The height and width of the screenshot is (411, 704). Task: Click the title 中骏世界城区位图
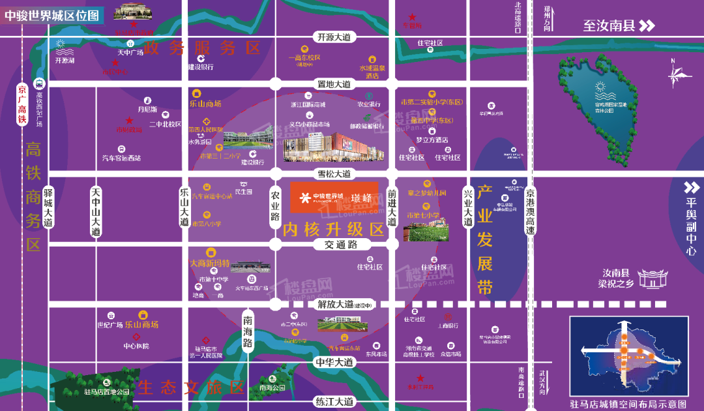click(52, 14)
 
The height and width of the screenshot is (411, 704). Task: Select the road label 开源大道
click(333, 37)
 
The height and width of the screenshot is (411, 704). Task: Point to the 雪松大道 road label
click(334, 174)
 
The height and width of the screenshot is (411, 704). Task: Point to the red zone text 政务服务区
click(203, 47)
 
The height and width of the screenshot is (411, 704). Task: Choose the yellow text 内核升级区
click(333, 229)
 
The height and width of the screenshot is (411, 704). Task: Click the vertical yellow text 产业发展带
click(484, 240)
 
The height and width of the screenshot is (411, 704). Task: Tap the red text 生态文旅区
click(192, 388)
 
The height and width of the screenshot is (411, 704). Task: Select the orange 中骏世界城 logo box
click(334, 196)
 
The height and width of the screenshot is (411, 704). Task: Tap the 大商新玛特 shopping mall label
click(209, 263)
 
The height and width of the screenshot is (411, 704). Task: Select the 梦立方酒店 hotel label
click(432, 140)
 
